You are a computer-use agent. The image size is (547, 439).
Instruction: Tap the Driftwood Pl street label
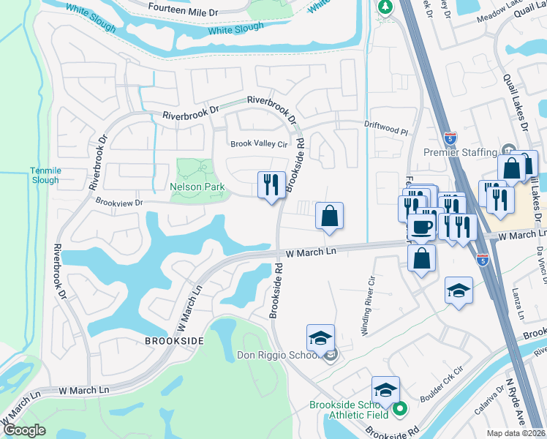[x=385, y=128]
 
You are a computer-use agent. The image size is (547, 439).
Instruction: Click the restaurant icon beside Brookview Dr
[x=271, y=184]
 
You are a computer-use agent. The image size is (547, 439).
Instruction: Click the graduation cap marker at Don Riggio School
[x=320, y=338]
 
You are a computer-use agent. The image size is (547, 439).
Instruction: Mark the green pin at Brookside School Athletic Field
[x=399, y=408]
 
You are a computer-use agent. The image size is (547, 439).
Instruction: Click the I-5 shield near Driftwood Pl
[x=450, y=137]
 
